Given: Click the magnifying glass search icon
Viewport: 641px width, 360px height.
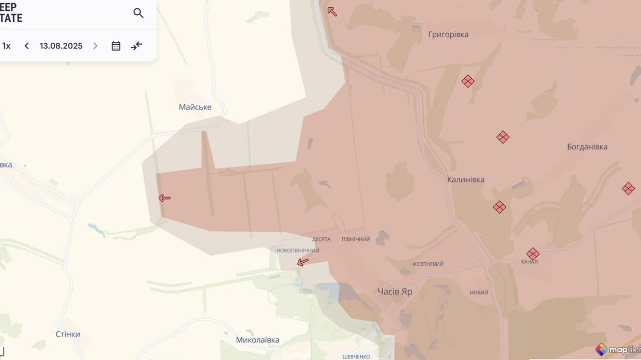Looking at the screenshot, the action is (x=138, y=13).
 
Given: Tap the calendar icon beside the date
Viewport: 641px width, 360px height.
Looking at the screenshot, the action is (x=116, y=46).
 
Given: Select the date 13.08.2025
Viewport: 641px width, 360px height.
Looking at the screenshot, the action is (x=61, y=46).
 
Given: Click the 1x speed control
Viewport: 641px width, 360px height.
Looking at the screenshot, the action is (x=6, y=46).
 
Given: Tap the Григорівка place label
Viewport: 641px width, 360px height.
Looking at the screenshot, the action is (x=448, y=35).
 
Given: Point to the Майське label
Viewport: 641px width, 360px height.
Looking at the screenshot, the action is (x=195, y=107).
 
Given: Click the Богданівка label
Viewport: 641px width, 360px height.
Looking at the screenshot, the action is (x=587, y=147).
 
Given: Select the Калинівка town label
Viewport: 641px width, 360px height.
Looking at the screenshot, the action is (x=466, y=179).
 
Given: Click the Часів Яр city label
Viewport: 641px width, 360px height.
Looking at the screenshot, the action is (x=395, y=292).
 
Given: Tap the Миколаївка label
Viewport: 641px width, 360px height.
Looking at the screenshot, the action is (x=257, y=340).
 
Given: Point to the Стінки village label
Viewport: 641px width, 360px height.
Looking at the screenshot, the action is (x=68, y=334).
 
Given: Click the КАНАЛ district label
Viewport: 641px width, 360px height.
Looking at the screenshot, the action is (x=529, y=262).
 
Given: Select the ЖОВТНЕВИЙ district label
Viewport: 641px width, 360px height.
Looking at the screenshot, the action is (x=428, y=264).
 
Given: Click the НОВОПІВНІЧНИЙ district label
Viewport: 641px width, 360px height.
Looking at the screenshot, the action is (x=298, y=251).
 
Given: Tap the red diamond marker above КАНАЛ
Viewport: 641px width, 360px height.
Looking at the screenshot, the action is (x=533, y=254).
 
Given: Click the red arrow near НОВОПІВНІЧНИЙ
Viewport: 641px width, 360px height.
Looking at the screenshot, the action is (x=303, y=262).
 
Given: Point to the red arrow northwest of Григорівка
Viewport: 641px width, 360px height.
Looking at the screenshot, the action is (x=332, y=11).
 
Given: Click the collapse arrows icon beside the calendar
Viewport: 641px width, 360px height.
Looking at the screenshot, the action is (x=136, y=46).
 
